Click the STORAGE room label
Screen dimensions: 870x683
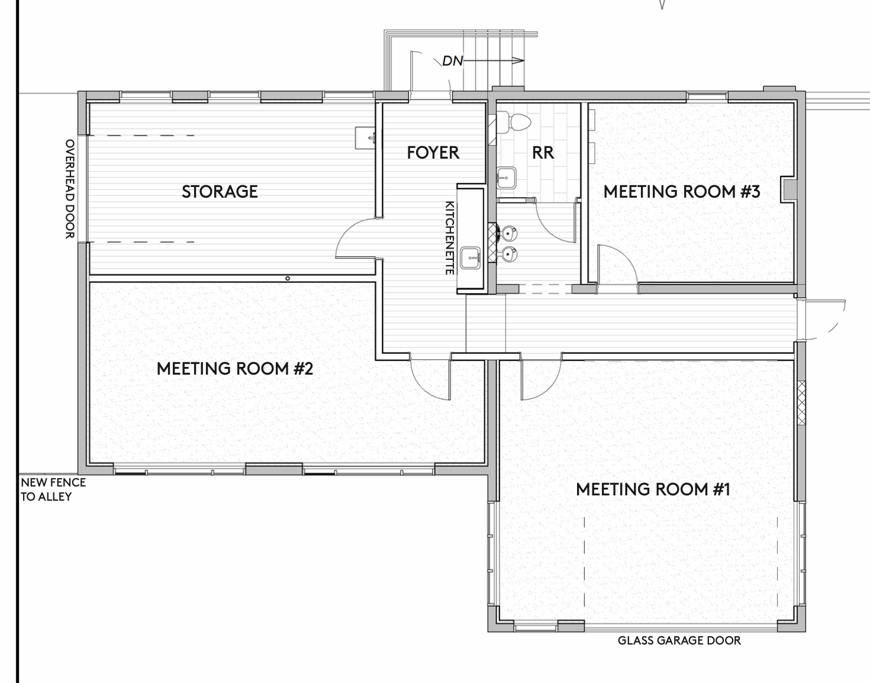pos(220,192)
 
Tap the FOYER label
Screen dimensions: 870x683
pos(433,153)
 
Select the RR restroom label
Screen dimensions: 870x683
pos(543,153)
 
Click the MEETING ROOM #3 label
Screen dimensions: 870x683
pos(681,192)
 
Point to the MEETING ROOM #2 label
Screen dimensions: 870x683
pos(234,369)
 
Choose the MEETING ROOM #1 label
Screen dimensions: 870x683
pos(653,489)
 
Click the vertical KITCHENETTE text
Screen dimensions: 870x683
pos(450,238)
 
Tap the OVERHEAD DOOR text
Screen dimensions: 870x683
pos(70,189)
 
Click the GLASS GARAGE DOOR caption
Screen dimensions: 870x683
pos(679,640)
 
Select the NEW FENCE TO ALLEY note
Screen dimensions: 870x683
pos(53,489)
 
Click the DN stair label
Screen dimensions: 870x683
pos(452,61)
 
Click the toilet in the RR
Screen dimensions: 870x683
pos(514,121)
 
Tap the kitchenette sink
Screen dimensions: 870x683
pos(470,258)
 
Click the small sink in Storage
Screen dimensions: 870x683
pos(365,138)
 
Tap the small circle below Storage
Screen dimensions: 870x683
pos(288,278)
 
